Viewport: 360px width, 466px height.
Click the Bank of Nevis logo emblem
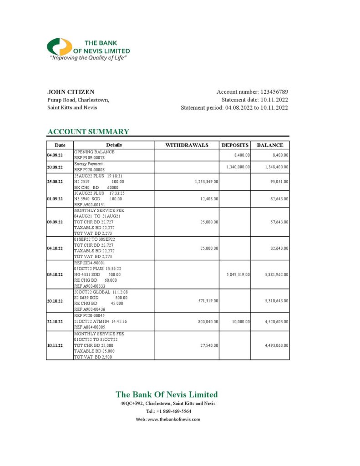[59, 47]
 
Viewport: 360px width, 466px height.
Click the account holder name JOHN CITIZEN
[71, 92]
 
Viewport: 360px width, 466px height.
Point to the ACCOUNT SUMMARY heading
[88, 132]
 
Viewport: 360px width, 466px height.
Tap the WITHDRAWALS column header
[187, 145]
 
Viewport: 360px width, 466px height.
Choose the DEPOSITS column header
[235, 145]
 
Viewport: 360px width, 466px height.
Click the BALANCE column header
[270, 145]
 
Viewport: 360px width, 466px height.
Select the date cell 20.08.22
[56, 167]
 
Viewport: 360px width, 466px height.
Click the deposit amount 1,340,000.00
[238, 167]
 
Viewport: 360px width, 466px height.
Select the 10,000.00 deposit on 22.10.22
[241, 322]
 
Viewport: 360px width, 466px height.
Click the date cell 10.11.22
[56, 345]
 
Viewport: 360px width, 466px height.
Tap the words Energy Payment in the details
[88, 164]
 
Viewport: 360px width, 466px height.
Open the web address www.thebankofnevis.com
[173, 419]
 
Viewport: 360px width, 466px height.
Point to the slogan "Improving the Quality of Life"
[87, 58]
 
